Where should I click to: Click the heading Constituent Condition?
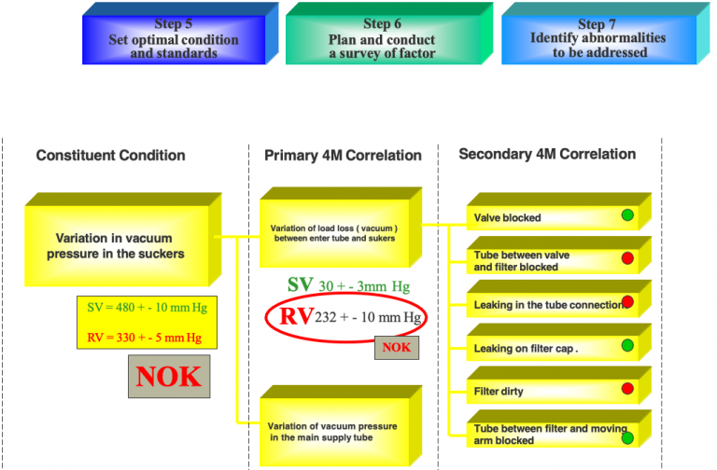pos(110,156)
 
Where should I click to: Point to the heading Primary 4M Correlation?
pos(343,156)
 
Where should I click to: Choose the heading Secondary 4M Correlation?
pos(547,154)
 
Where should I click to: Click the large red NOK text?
pos(169,376)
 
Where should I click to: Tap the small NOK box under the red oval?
pos(397,349)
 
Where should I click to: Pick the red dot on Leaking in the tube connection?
pos(627,302)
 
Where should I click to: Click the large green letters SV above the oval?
pos(301,284)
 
